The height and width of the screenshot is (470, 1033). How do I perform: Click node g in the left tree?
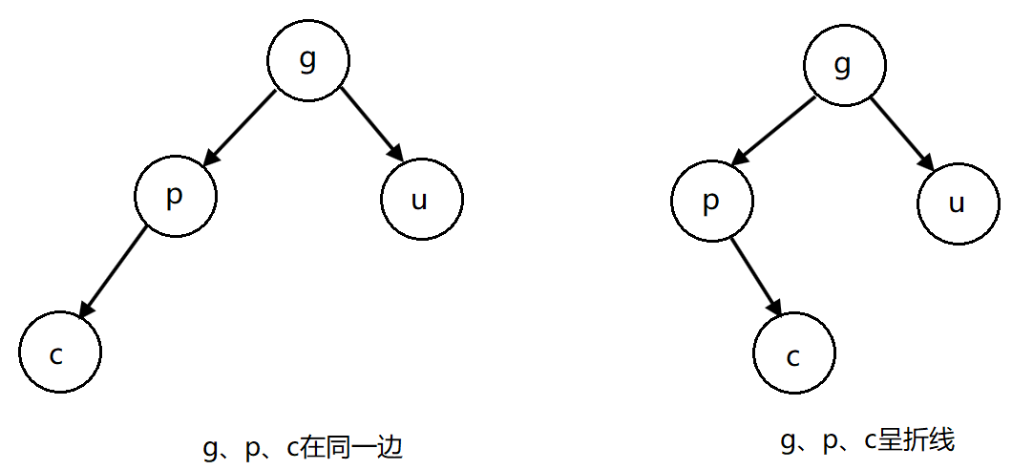(x=307, y=60)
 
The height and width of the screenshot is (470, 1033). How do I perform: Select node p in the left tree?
(x=176, y=197)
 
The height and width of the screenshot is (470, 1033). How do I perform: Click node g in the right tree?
(x=843, y=65)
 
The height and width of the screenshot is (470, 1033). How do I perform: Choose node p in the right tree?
(x=711, y=203)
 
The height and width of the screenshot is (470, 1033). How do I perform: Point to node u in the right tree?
(x=959, y=203)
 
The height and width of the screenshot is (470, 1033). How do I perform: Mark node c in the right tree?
(x=793, y=356)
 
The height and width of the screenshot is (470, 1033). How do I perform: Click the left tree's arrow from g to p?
(x=242, y=127)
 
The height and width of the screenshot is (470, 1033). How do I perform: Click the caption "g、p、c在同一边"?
(x=303, y=448)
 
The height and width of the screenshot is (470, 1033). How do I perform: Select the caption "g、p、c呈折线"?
(x=867, y=440)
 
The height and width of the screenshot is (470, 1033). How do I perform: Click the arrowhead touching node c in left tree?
(x=86, y=310)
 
